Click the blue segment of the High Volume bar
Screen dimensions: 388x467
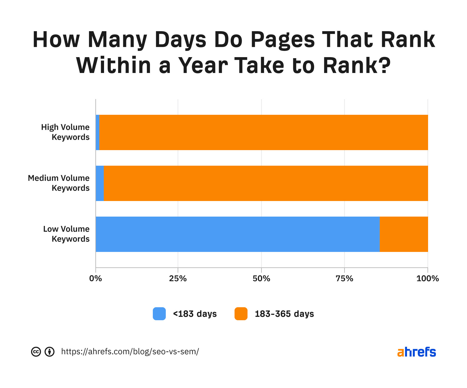(x=98, y=132)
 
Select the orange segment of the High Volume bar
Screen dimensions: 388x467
(x=264, y=132)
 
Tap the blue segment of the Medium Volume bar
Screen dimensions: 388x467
(x=100, y=183)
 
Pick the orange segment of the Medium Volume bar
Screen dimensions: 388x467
(x=266, y=183)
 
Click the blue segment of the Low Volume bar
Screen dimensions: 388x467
(x=238, y=234)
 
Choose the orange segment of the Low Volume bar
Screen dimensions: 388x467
(x=404, y=234)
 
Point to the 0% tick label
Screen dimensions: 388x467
(x=95, y=279)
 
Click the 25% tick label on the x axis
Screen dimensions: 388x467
(x=178, y=279)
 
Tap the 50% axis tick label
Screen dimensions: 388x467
(x=261, y=279)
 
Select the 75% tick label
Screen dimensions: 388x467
(x=344, y=279)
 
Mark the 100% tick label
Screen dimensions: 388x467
(x=428, y=279)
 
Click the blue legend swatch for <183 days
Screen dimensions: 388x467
(x=159, y=314)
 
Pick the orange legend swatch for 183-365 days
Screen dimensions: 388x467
(x=241, y=314)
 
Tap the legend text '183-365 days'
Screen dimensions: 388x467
(x=284, y=314)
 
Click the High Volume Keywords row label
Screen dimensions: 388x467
(x=65, y=132)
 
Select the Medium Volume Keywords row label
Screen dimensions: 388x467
(x=59, y=183)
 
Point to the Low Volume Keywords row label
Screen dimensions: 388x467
(x=66, y=234)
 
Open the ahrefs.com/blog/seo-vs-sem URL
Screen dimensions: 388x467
(x=130, y=352)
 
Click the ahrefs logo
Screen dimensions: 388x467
(x=416, y=352)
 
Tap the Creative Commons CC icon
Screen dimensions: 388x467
(x=36, y=352)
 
